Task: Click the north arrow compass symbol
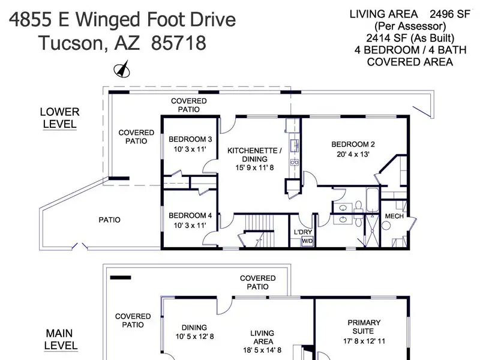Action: pos(122,69)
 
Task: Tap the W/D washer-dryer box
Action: pos(307,241)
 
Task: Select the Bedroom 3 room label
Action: pos(190,139)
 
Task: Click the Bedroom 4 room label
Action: pos(190,215)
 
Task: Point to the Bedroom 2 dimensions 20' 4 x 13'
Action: pos(353,154)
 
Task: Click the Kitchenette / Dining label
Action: pos(254,155)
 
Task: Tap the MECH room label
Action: pos(394,216)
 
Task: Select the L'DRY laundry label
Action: pos(303,232)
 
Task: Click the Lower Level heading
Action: pos(59,118)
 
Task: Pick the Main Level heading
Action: pos(60,339)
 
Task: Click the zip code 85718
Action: pos(178,43)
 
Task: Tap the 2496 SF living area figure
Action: pos(449,14)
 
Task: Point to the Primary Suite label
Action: pos(364,327)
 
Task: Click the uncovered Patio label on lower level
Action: pos(109,220)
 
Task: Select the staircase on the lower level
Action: pos(259,230)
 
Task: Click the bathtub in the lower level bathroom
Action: pos(373,200)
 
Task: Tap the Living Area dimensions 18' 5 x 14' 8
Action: pos(262,350)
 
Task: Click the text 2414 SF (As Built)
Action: pos(410,38)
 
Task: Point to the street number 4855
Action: pos(30,19)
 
